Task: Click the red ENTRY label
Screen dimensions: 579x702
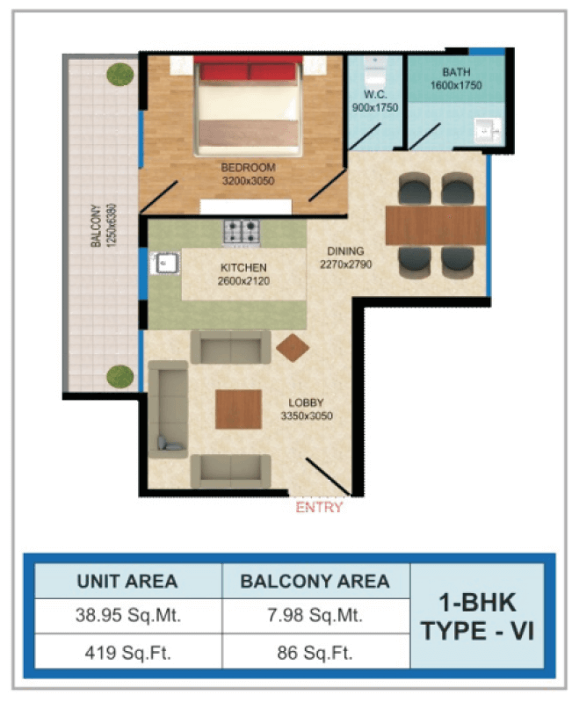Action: click(319, 507)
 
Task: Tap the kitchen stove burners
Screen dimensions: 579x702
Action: click(242, 232)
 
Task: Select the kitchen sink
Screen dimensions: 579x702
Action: click(165, 264)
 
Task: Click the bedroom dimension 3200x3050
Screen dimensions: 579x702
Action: click(248, 181)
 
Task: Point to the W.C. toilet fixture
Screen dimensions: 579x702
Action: click(375, 72)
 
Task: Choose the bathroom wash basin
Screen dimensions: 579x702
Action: click(487, 130)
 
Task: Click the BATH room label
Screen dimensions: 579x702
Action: click(456, 72)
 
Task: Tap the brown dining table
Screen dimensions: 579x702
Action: click(436, 225)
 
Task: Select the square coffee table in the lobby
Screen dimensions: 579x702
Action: click(238, 409)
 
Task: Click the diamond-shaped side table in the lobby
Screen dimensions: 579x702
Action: click(293, 347)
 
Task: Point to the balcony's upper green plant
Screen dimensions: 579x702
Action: click(120, 75)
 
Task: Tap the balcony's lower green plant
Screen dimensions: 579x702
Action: click(120, 377)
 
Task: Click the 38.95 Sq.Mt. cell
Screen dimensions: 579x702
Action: click(128, 616)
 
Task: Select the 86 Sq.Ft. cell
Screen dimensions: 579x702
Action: click(315, 653)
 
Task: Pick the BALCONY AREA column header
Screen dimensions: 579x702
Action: click(315, 581)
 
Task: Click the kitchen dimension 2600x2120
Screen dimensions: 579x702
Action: click(243, 281)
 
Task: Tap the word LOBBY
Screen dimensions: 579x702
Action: click(306, 402)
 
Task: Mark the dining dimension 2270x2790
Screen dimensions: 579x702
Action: click(345, 264)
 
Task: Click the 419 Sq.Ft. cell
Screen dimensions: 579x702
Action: click(128, 653)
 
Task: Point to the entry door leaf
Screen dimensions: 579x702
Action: click(328, 477)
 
